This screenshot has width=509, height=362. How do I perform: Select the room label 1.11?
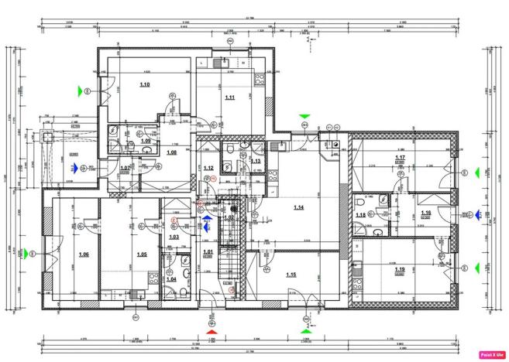click(230, 97)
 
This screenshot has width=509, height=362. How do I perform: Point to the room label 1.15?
click(291, 275)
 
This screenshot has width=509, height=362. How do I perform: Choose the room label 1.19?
click(399, 270)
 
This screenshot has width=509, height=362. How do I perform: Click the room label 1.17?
click(401, 157)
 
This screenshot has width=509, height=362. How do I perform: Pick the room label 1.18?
click(360, 215)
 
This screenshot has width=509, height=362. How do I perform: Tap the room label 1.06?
click(84, 254)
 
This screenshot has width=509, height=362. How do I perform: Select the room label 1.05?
click(142, 254)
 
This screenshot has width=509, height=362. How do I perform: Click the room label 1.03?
click(174, 237)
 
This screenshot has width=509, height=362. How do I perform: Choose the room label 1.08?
click(171, 152)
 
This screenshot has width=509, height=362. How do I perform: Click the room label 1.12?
click(208, 168)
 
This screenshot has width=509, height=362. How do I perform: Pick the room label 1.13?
click(255, 161)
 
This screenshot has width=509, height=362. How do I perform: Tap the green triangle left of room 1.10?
click(79, 90)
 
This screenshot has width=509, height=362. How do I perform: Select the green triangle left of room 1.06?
click(23, 252)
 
